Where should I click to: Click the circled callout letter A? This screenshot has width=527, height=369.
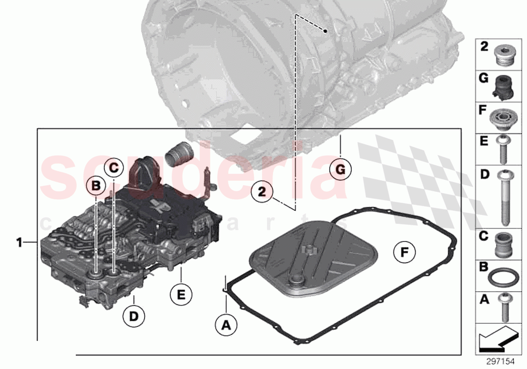tap(226, 325)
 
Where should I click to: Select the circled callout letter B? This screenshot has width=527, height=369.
tap(95, 186)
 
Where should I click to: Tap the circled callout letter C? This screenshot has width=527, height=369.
tap(113, 167)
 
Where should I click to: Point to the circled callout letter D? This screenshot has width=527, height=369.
tap(134, 316)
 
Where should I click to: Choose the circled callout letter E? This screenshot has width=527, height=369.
tap(181, 294)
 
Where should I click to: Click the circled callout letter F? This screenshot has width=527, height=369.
tap(405, 253)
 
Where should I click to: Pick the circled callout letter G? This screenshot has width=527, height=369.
tap(340, 170)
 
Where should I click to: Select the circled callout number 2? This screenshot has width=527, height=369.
tap(262, 191)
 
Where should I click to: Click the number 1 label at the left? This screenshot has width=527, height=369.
tap(19, 243)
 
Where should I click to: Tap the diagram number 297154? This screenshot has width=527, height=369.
tap(500, 361)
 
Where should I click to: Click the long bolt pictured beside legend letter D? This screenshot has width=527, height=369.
tap(504, 198)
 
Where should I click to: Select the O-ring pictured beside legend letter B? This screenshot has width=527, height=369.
tap(504, 277)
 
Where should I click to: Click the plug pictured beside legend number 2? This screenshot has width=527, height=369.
tap(504, 55)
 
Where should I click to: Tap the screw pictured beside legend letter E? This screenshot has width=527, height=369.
tap(504, 149)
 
